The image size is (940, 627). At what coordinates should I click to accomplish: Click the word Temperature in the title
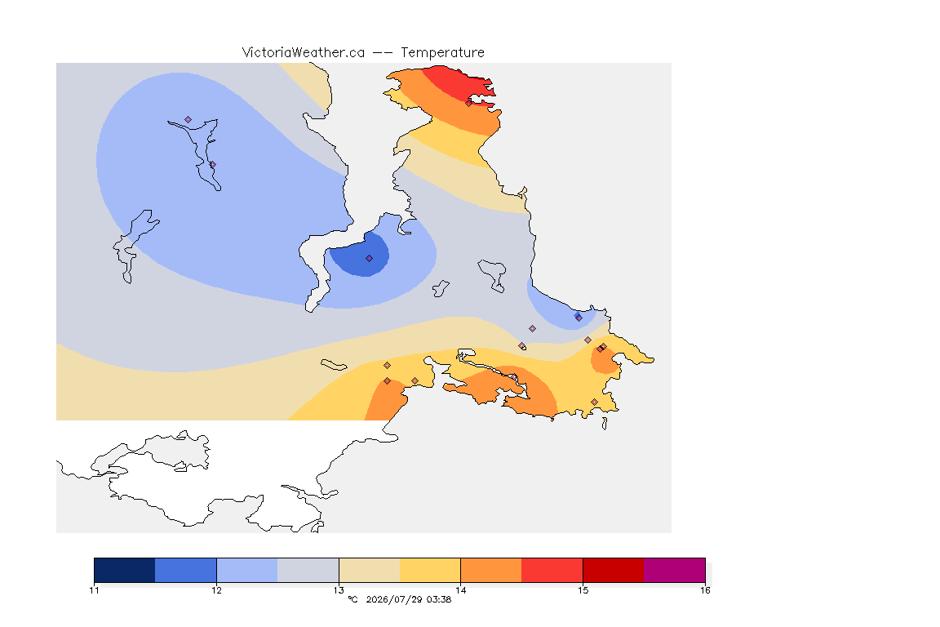pos(442,53)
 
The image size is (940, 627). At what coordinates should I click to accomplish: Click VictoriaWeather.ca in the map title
pos(304,53)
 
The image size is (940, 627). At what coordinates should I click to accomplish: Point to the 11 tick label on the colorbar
pos(94,590)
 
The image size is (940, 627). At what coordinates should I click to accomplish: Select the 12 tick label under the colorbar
pos(216,590)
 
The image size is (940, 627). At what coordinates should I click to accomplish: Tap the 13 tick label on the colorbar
pos(339,590)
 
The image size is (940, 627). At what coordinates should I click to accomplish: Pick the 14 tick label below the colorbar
pos(460,590)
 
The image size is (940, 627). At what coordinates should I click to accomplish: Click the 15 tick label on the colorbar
pos(583,590)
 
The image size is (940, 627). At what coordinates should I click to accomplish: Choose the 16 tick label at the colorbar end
pos(705,590)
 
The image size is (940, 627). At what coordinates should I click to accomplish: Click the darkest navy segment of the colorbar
pos(125,570)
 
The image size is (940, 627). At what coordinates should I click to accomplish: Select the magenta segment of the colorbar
pos(675,570)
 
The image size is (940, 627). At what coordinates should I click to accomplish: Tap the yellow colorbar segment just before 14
pos(430,570)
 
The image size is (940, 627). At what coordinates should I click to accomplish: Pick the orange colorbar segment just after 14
pos(491,570)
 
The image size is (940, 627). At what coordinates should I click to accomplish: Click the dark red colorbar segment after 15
pos(614,570)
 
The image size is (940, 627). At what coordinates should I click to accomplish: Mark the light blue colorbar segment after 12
pos(247,570)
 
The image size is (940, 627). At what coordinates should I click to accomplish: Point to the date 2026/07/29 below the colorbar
pos(394,599)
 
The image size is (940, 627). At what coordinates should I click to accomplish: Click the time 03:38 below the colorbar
pos(439,599)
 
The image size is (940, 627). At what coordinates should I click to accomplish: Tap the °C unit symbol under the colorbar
pos(352,599)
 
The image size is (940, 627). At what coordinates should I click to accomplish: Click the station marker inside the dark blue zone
pos(370,259)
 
